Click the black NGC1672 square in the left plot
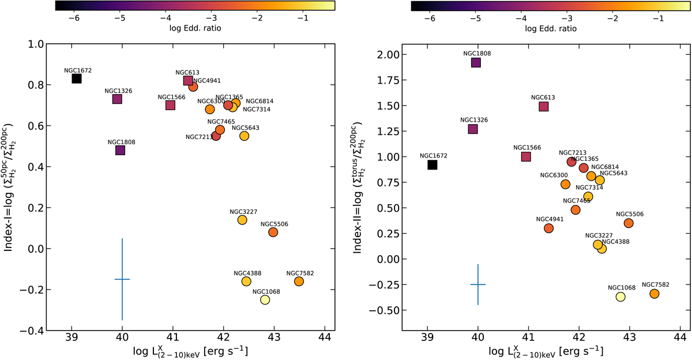77,78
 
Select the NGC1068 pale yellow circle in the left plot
265,299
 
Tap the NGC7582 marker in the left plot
299,281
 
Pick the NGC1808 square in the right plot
476,62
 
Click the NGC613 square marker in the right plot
543,106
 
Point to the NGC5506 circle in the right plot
629,223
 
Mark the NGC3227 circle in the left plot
242,220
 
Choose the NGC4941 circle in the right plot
548,228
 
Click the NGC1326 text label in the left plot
117,91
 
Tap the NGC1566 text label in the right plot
526,148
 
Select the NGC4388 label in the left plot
246,273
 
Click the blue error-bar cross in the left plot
122,279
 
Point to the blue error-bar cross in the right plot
478,284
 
